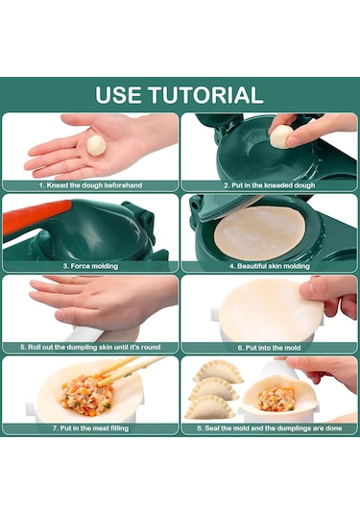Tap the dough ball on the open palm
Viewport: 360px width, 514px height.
coord(96,144)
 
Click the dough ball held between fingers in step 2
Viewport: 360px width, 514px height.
coord(280,136)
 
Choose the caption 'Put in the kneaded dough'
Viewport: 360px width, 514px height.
coord(269,184)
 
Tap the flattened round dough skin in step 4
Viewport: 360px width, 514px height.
coord(259,232)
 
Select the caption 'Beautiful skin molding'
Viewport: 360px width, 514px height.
coord(269,264)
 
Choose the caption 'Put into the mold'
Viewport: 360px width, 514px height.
coord(269,346)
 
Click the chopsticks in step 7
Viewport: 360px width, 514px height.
coord(123,369)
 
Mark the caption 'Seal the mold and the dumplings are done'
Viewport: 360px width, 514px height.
coord(269,428)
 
